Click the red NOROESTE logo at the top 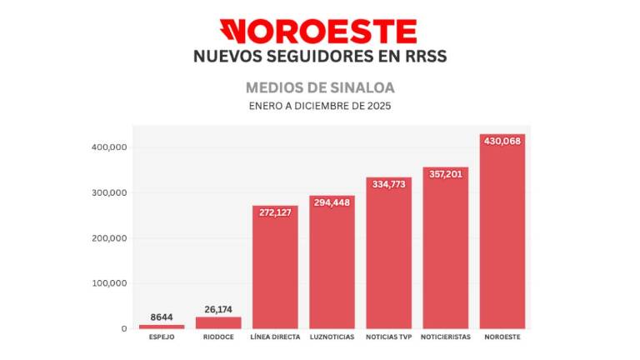point(321,32)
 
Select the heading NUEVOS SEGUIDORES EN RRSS point(320,57)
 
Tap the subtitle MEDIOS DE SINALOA point(320,87)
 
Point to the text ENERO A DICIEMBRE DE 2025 point(320,106)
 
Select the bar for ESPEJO point(162,326)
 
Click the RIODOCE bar point(218,322)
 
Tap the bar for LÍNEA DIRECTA point(275,267)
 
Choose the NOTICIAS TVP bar point(388,254)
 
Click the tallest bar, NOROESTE point(502,233)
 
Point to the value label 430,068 point(502,141)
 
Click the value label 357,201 point(445,174)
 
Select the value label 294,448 point(332,202)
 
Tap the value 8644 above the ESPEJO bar point(162,317)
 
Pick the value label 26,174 point(218,309)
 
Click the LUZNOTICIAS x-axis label point(332,337)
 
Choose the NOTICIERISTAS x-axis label point(445,337)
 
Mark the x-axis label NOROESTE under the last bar point(502,337)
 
